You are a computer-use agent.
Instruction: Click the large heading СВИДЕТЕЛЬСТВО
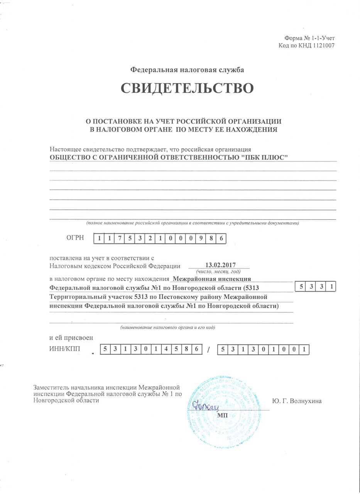click(187, 88)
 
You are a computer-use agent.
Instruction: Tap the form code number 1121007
click(321, 46)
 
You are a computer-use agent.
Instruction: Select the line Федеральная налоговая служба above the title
click(187, 70)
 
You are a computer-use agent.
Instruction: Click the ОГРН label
click(76, 238)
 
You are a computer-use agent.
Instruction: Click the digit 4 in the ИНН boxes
click(166, 350)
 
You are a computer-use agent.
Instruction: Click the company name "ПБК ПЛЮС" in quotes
click(268, 157)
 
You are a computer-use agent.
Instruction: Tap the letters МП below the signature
click(223, 415)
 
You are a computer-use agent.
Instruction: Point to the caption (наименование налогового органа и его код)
click(167, 327)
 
